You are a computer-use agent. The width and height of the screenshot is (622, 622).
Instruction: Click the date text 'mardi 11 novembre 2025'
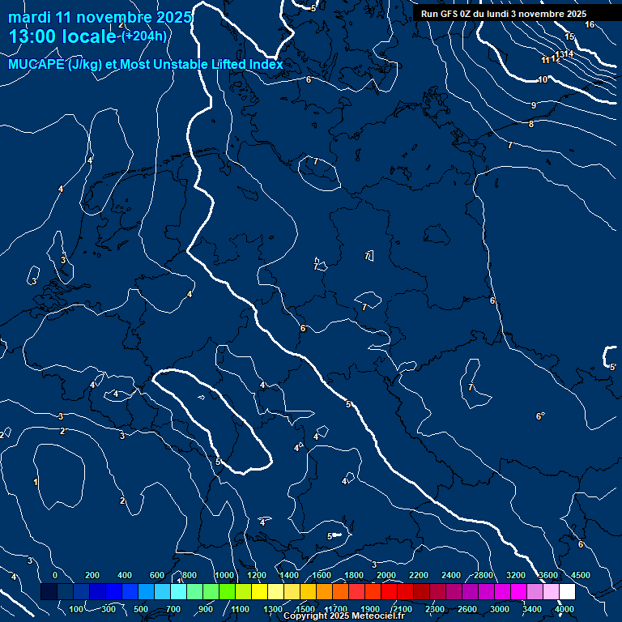(100, 17)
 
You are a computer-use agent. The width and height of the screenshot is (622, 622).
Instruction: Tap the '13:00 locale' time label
(62, 36)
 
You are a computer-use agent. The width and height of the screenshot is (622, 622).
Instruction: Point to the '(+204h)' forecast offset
(144, 36)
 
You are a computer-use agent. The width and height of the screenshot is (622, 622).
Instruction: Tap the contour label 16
(590, 25)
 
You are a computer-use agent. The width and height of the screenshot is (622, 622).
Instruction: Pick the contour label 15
(569, 37)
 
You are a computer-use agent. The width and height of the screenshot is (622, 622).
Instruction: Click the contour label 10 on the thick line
(543, 79)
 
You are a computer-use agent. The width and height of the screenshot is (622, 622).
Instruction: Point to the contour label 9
(534, 106)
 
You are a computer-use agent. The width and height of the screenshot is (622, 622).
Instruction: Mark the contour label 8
(531, 124)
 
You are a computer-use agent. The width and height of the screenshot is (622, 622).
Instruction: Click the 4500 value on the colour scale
(581, 575)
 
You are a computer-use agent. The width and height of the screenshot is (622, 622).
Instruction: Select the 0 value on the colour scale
(55, 575)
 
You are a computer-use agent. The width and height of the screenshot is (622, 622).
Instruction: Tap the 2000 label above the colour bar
(386, 575)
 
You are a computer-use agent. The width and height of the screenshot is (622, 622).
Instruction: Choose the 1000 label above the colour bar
(224, 575)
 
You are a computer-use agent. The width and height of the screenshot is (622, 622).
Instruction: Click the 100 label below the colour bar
(78, 609)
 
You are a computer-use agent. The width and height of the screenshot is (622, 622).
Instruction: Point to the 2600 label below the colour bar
(467, 609)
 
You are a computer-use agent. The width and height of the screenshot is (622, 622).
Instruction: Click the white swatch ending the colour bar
(567, 592)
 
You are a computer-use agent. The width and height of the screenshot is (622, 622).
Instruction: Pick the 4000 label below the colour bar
(564, 609)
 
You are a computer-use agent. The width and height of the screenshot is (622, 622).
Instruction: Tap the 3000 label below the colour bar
(500, 609)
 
